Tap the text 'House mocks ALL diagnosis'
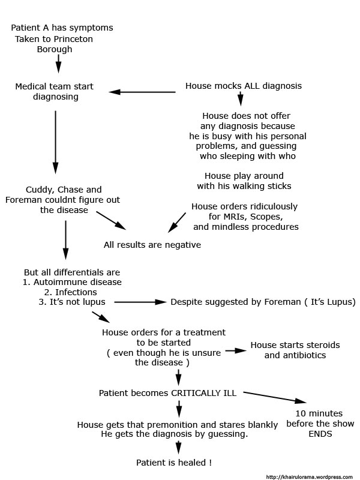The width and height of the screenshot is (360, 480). [x=244, y=86]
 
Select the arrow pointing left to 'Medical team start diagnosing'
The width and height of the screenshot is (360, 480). [x=143, y=92]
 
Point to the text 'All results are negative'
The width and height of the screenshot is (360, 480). [x=152, y=245]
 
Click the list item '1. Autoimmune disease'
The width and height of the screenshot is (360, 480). [x=73, y=282]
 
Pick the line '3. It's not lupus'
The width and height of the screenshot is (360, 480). [x=72, y=302]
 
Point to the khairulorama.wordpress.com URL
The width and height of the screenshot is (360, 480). [x=309, y=476]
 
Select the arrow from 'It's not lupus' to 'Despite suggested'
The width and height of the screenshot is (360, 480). [x=139, y=302]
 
